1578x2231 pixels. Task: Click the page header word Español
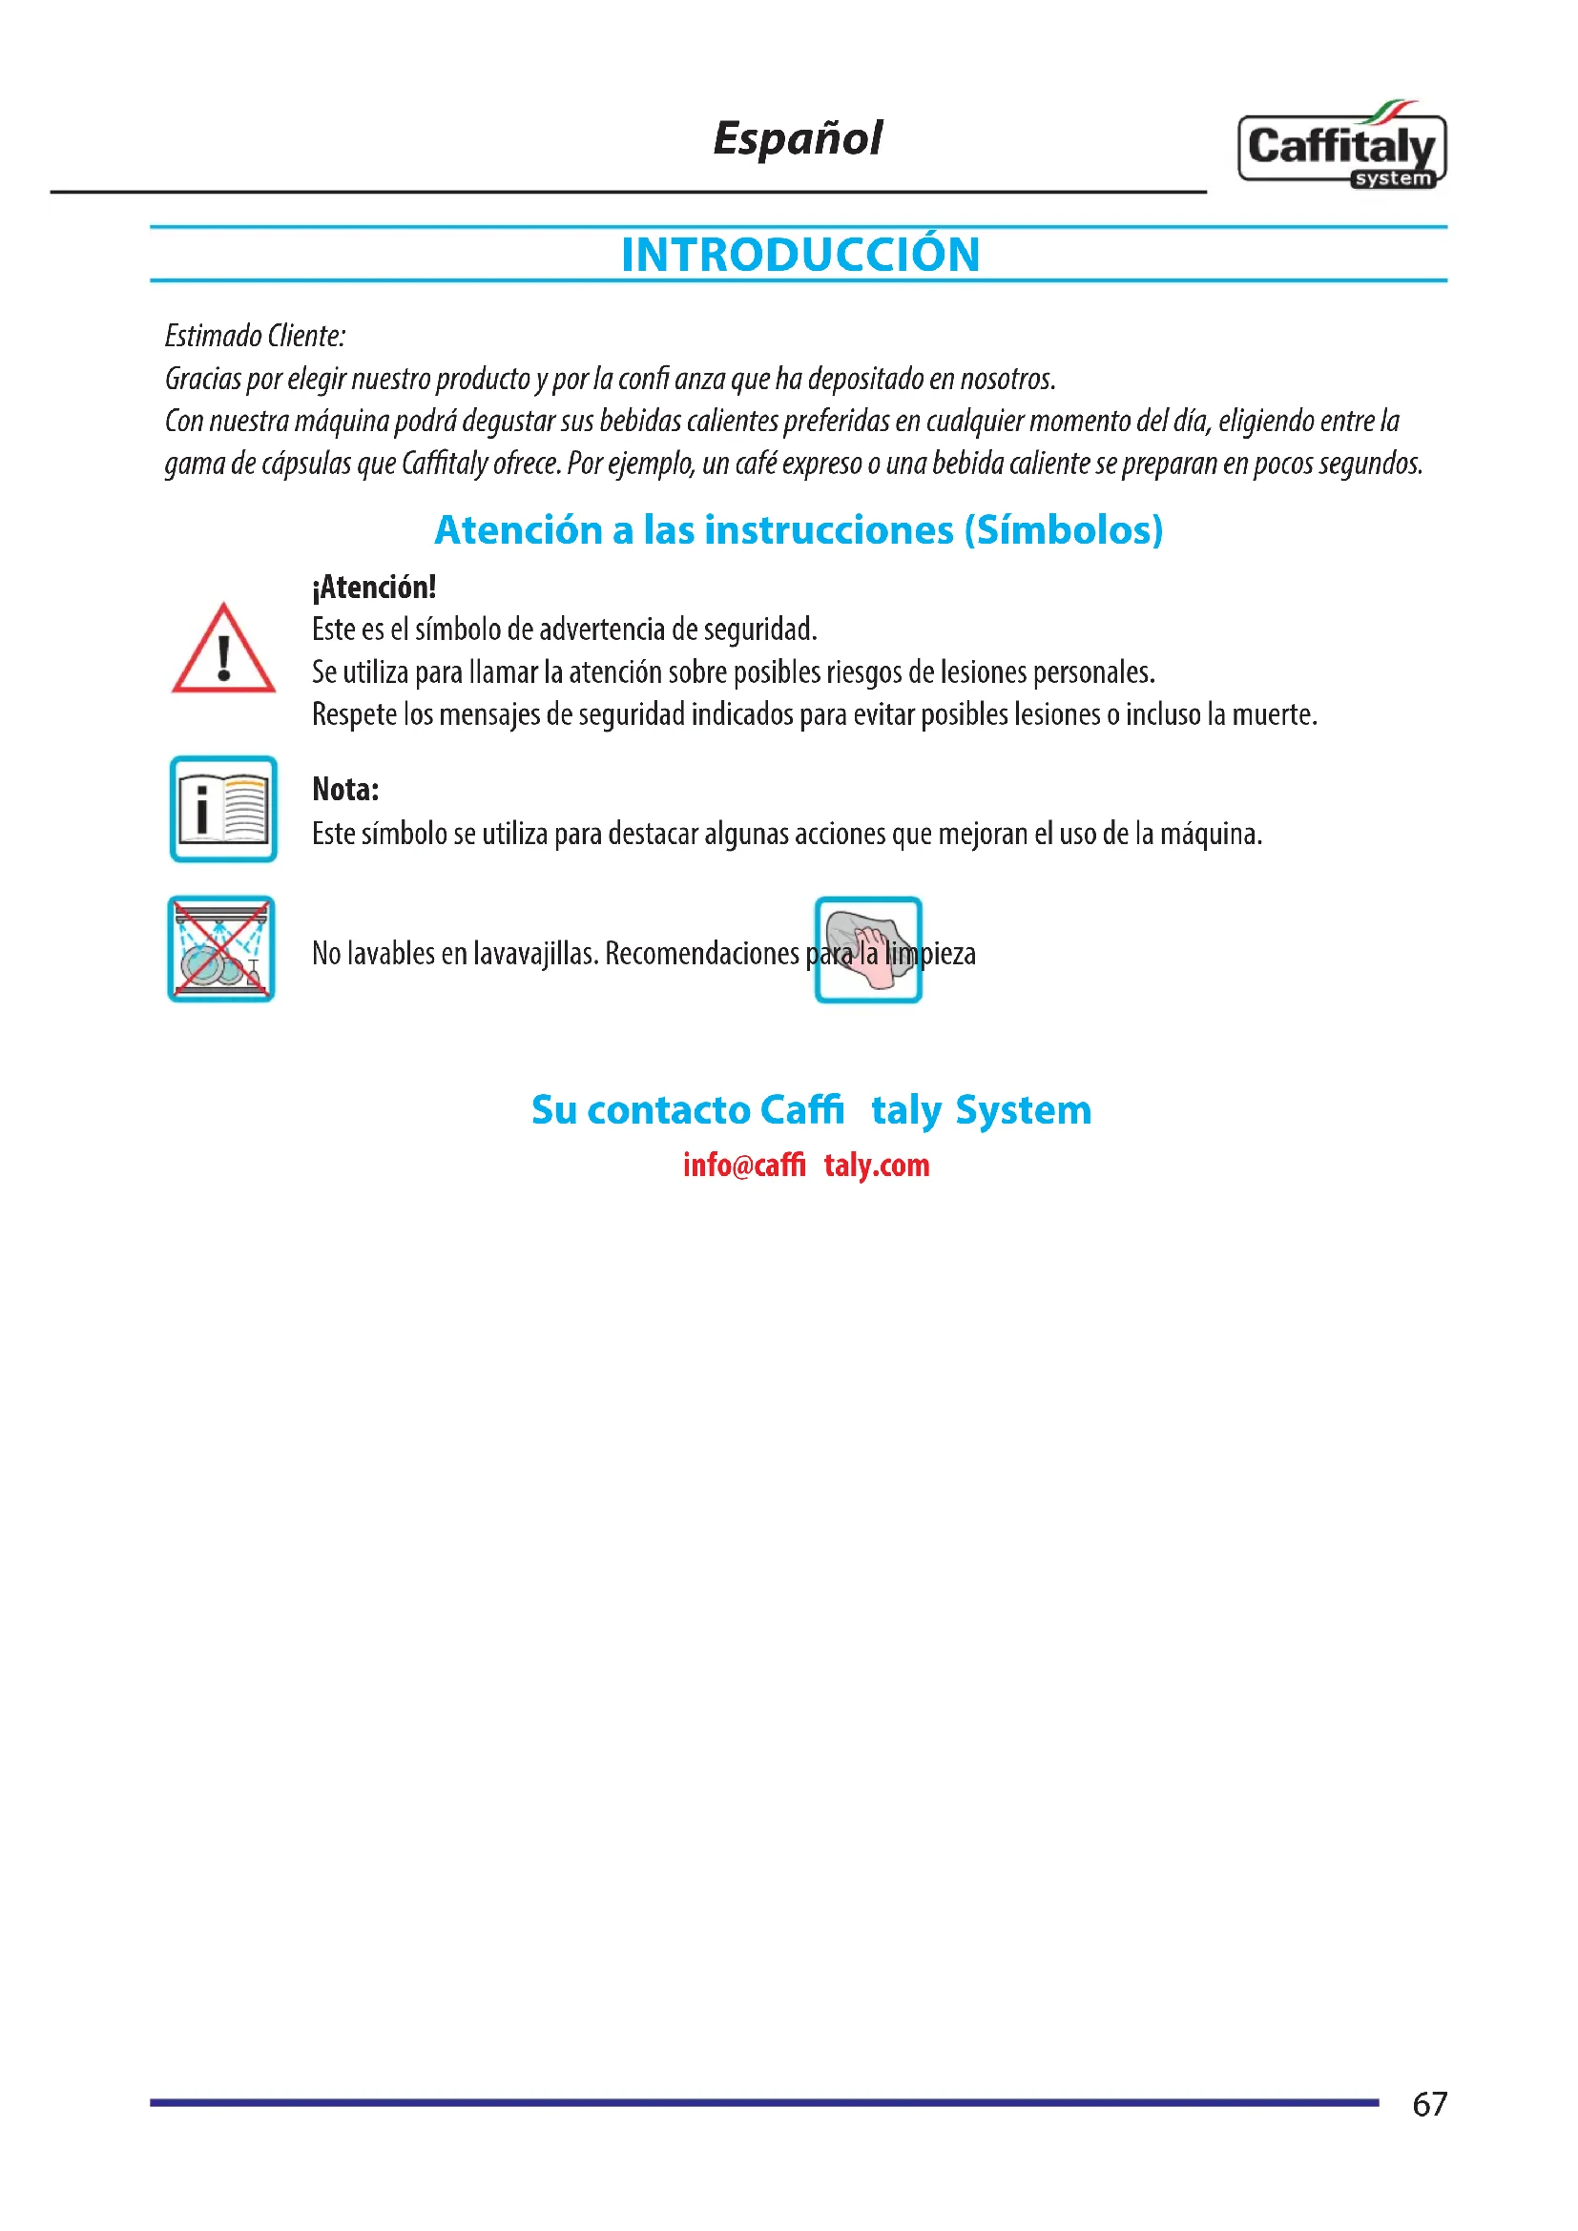797,139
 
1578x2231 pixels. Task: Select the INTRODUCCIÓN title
799,255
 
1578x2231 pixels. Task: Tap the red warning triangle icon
223,650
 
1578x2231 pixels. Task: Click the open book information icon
223,809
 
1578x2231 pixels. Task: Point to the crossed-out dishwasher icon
221,948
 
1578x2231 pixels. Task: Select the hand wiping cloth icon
867,949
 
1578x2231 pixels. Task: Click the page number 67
1429,2104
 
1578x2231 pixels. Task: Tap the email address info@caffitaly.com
805,1164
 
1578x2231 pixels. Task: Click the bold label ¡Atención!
374,587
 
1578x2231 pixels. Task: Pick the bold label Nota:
345,789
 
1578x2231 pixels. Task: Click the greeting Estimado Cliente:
255,336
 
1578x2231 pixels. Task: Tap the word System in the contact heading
1023,1109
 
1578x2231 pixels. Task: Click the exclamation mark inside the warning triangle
224,657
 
